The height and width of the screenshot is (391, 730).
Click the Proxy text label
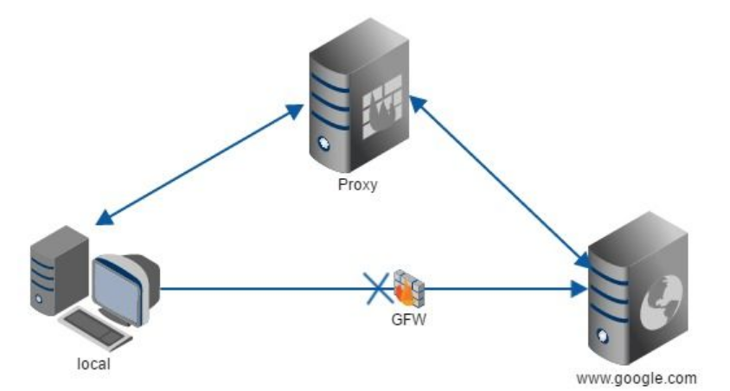tap(358, 184)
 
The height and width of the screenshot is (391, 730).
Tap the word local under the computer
tap(93, 363)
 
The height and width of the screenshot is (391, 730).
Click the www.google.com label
tap(636, 378)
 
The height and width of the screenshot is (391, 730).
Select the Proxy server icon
tap(358, 104)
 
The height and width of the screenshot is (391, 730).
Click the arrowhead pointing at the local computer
tap(102, 219)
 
